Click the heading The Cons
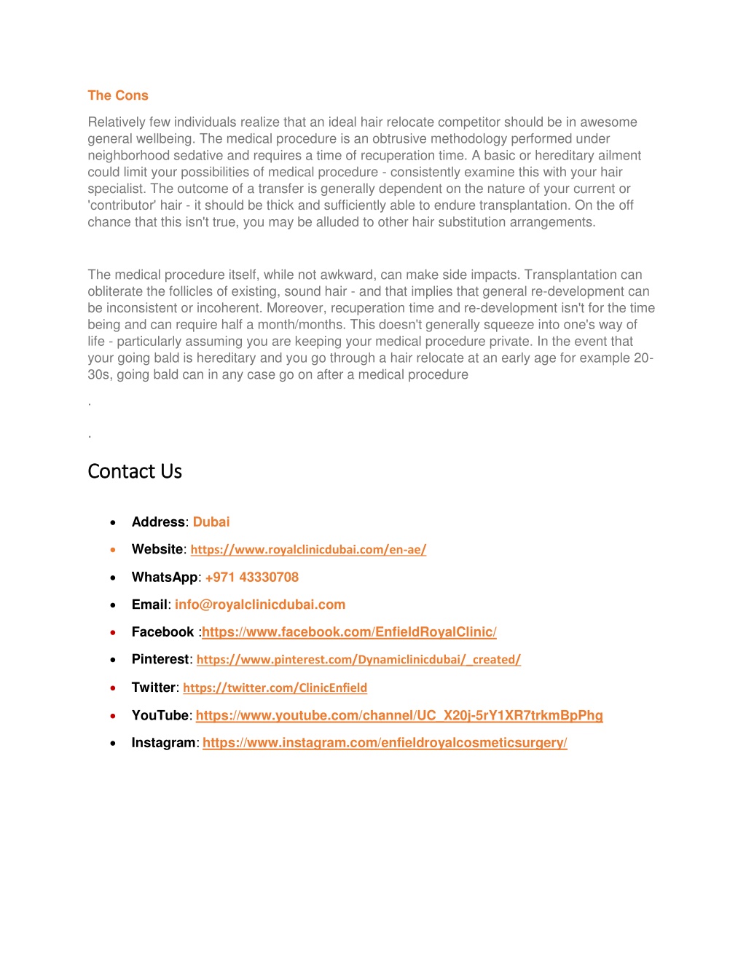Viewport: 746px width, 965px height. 118,95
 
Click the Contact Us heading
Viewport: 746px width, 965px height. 135,471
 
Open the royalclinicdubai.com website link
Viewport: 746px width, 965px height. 308,550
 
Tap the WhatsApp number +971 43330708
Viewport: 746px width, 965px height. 252,578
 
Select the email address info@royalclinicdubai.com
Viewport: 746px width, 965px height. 260,604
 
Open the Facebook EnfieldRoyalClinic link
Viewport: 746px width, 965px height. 349,632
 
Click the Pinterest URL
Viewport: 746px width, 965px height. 358,660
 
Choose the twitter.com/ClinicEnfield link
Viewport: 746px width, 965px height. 275,688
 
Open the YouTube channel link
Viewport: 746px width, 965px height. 399,715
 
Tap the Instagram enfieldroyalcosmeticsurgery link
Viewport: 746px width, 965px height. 385,743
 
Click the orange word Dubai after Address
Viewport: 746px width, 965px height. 211,522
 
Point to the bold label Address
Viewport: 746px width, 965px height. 158,522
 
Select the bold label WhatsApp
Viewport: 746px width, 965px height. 165,578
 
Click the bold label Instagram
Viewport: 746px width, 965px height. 163,743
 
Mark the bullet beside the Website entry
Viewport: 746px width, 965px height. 113,550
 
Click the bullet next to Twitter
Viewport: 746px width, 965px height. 113,688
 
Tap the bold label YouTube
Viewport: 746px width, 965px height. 160,715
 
